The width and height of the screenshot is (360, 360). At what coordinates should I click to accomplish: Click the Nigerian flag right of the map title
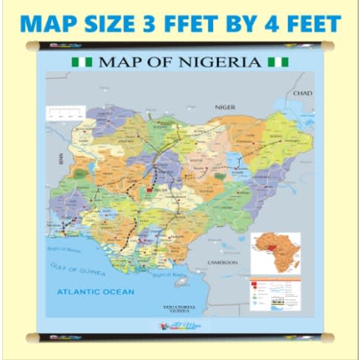tap(278, 61)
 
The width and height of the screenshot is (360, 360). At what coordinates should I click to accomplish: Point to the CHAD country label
tap(304, 94)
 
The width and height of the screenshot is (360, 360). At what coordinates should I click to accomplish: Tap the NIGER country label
tap(225, 107)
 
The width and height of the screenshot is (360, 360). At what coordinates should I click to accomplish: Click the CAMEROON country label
tap(222, 263)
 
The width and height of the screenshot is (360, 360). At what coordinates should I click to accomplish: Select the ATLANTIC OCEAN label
tap(96, 292)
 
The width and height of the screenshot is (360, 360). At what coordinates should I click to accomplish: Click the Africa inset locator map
tap(275, 253)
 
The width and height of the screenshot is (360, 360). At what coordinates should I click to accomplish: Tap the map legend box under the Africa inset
tap(275, 295)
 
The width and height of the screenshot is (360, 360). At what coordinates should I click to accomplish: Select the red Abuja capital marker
tap(149, 191)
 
